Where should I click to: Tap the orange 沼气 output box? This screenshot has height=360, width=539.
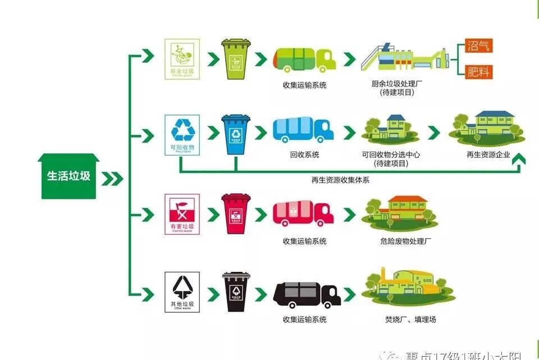coord(478,45)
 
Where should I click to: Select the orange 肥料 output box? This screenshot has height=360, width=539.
coord(478,71)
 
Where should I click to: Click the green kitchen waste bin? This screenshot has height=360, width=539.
coord(236,58)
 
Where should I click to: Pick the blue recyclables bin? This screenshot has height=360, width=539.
coord(236,135)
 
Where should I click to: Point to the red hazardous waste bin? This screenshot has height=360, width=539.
coord(236,213)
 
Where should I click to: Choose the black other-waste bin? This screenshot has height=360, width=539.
coord(236,291)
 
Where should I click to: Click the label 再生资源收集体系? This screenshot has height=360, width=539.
coord(340,180)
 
